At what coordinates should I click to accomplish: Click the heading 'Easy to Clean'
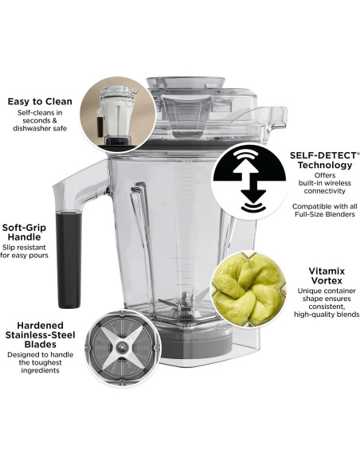tap(39, 101)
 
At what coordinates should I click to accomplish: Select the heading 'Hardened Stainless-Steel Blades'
tap(40, 334)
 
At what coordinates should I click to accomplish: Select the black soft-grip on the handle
tap(67, 259)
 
